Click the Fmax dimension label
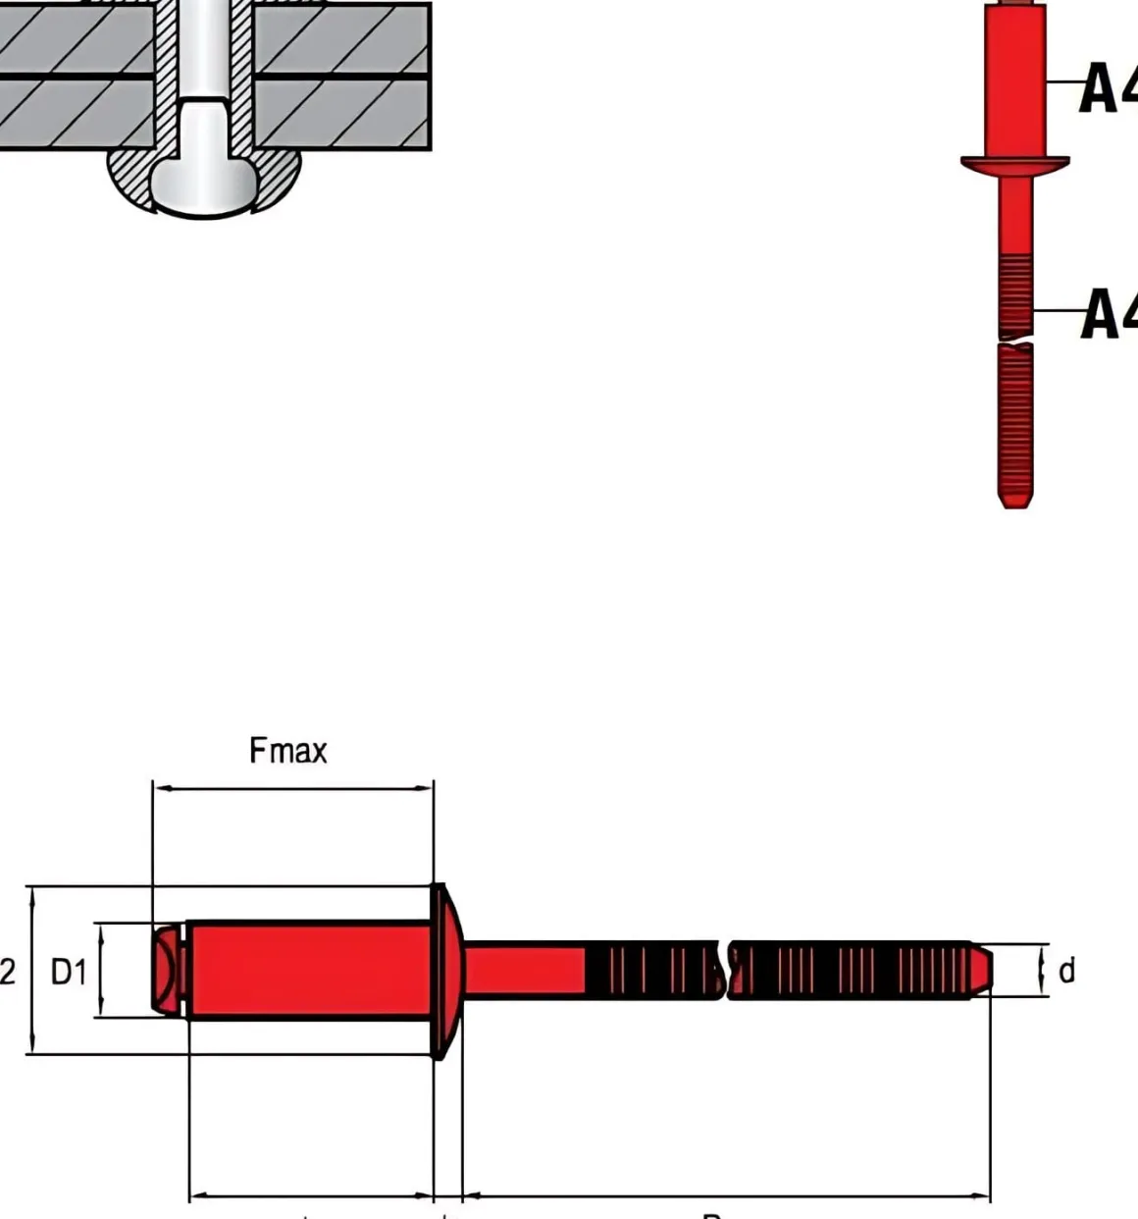(287, 751)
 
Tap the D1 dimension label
(69, 973)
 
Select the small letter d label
(1066, 971)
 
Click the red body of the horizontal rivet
(309, 970)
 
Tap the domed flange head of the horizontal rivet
(445, 970)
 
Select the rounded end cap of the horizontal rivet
(168, 970)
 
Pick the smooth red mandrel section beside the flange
(525, 970)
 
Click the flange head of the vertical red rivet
(1014, 165)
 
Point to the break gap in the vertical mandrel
(1015, 342)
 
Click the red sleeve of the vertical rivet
(1015, 83)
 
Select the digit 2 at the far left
(8, 973)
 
